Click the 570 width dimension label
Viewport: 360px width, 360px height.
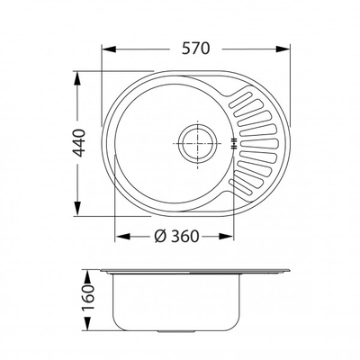tap(195, 49)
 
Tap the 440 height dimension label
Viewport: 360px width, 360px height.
tap(80, 143)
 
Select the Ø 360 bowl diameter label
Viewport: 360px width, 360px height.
tap(176, 237)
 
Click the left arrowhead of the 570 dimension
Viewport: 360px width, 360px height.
tap(109, 49)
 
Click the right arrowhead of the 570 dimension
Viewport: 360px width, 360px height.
tap(283, 49)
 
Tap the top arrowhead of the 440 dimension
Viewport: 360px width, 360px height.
tap(77, 78)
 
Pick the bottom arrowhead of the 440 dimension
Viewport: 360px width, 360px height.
tap(77, 208)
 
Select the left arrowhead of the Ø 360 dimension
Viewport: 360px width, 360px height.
tap(122, 237)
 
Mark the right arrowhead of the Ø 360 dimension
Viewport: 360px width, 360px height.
tap(226, 237)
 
